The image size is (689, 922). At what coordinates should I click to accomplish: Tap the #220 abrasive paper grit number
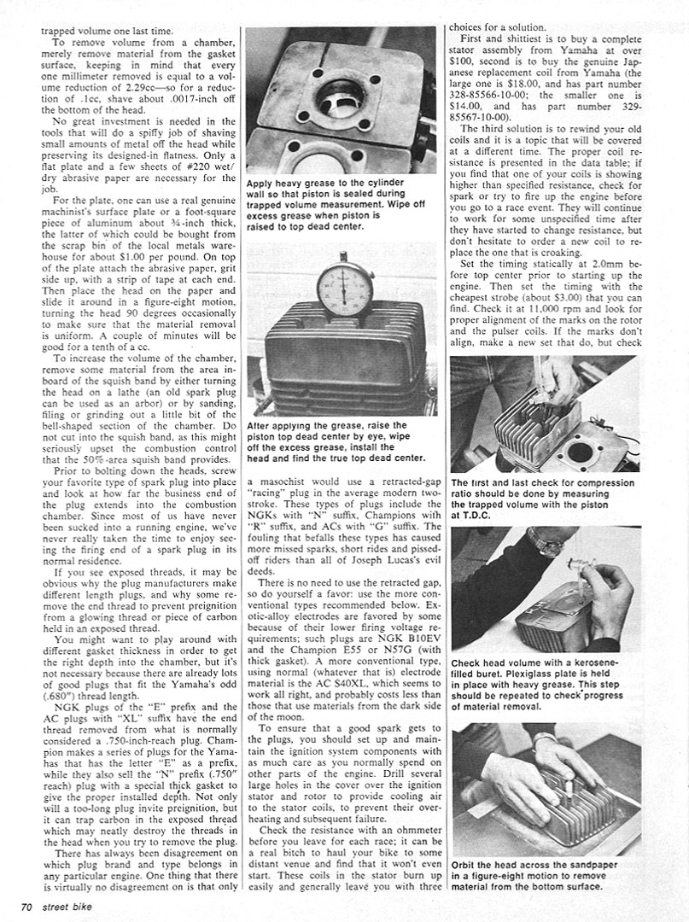(184, 166)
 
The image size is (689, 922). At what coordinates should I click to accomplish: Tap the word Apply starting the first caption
(260, 183)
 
